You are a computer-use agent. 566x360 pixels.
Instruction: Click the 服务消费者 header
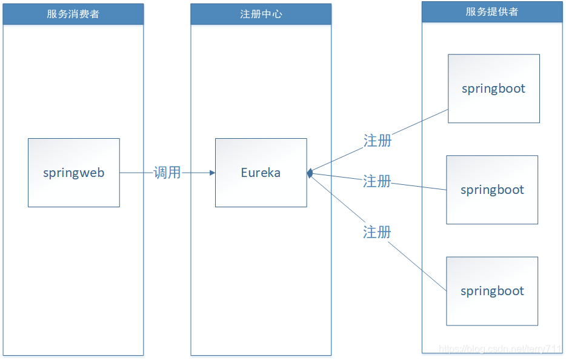pyautogui.click(x=73, y=14)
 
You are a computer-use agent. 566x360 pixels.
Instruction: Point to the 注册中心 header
pyautogui.click(x=261, y=14)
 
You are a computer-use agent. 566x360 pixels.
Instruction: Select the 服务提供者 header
pyautogui.click(x=492, y=12)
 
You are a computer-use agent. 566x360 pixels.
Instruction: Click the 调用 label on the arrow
pyautogui.click(x=167, y=173)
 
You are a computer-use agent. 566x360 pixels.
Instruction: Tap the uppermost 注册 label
pyautogui.click(x=378, y=141)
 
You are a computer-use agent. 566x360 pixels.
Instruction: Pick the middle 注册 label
pyautogui.click(x=377, y=181)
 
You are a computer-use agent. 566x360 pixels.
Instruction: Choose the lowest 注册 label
pyautogui.click(x=377, y=232)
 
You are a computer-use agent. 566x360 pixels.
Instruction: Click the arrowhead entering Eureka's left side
pyautogui.click(x=212, y=173)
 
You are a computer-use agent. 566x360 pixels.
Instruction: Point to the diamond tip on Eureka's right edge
pyautogui.click(x=310, y=173)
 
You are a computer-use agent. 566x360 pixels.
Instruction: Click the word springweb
pyautogui.click(x=73, y=173)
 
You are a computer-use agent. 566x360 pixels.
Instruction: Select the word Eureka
pyautogui.click(x=261, y=173)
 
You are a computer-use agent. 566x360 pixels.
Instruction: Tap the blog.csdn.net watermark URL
pyautogui.click(x=501, y=350)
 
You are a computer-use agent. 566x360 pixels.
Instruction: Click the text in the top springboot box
pyautogui.click(x=493, y=88)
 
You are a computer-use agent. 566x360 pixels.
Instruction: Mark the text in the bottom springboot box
pyautogui.click(x=492, y=291)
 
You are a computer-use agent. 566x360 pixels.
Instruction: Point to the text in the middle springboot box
pyautogui.click(x=492, y=190)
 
